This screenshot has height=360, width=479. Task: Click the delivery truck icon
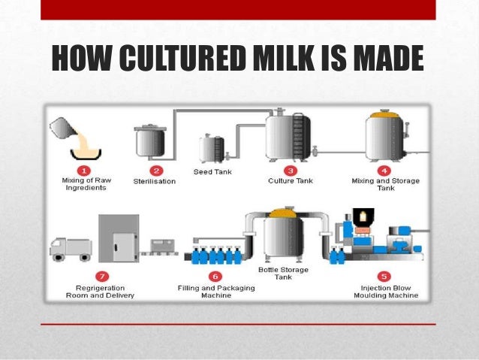[71, 248]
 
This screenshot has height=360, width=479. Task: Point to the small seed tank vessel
[211, 148]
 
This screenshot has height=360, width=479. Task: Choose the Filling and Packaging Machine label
[206, 292]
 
